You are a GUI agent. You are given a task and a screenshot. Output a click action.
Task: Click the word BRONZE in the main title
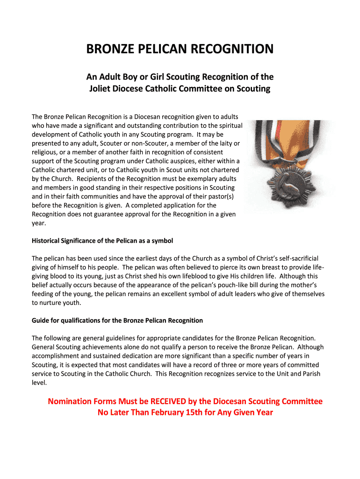pos(111,50)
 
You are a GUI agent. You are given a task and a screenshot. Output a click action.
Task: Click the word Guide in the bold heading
pos(41,320)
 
